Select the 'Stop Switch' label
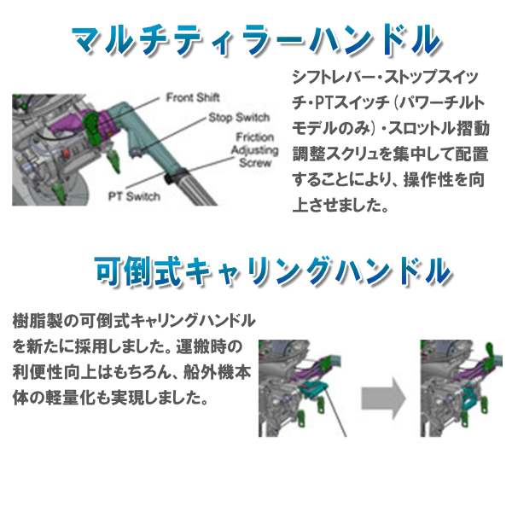(x=239, y=117)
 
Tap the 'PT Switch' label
(x=134, y=195)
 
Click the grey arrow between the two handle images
(x=381, y=396)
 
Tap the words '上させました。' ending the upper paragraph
(x=340, y=206)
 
